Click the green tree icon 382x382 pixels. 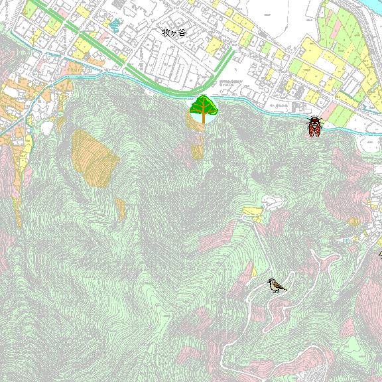(x=204, y=109)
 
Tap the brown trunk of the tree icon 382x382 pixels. (x=204, y=120)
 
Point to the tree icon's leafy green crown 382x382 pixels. (x=204, y=105)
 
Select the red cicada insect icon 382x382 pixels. (x=314, y=126)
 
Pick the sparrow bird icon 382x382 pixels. (x=277, y=285)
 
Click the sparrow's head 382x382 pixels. (x=271, y=282)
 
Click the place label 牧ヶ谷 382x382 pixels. (x=174, y=31)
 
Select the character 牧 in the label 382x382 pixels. (x=166, y=31)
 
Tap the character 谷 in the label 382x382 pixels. (x=182, y=31)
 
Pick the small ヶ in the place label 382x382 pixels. (x=174, y=32)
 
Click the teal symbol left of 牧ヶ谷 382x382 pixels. (x=113, y=27)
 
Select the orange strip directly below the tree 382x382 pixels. (x=198, y=149)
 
